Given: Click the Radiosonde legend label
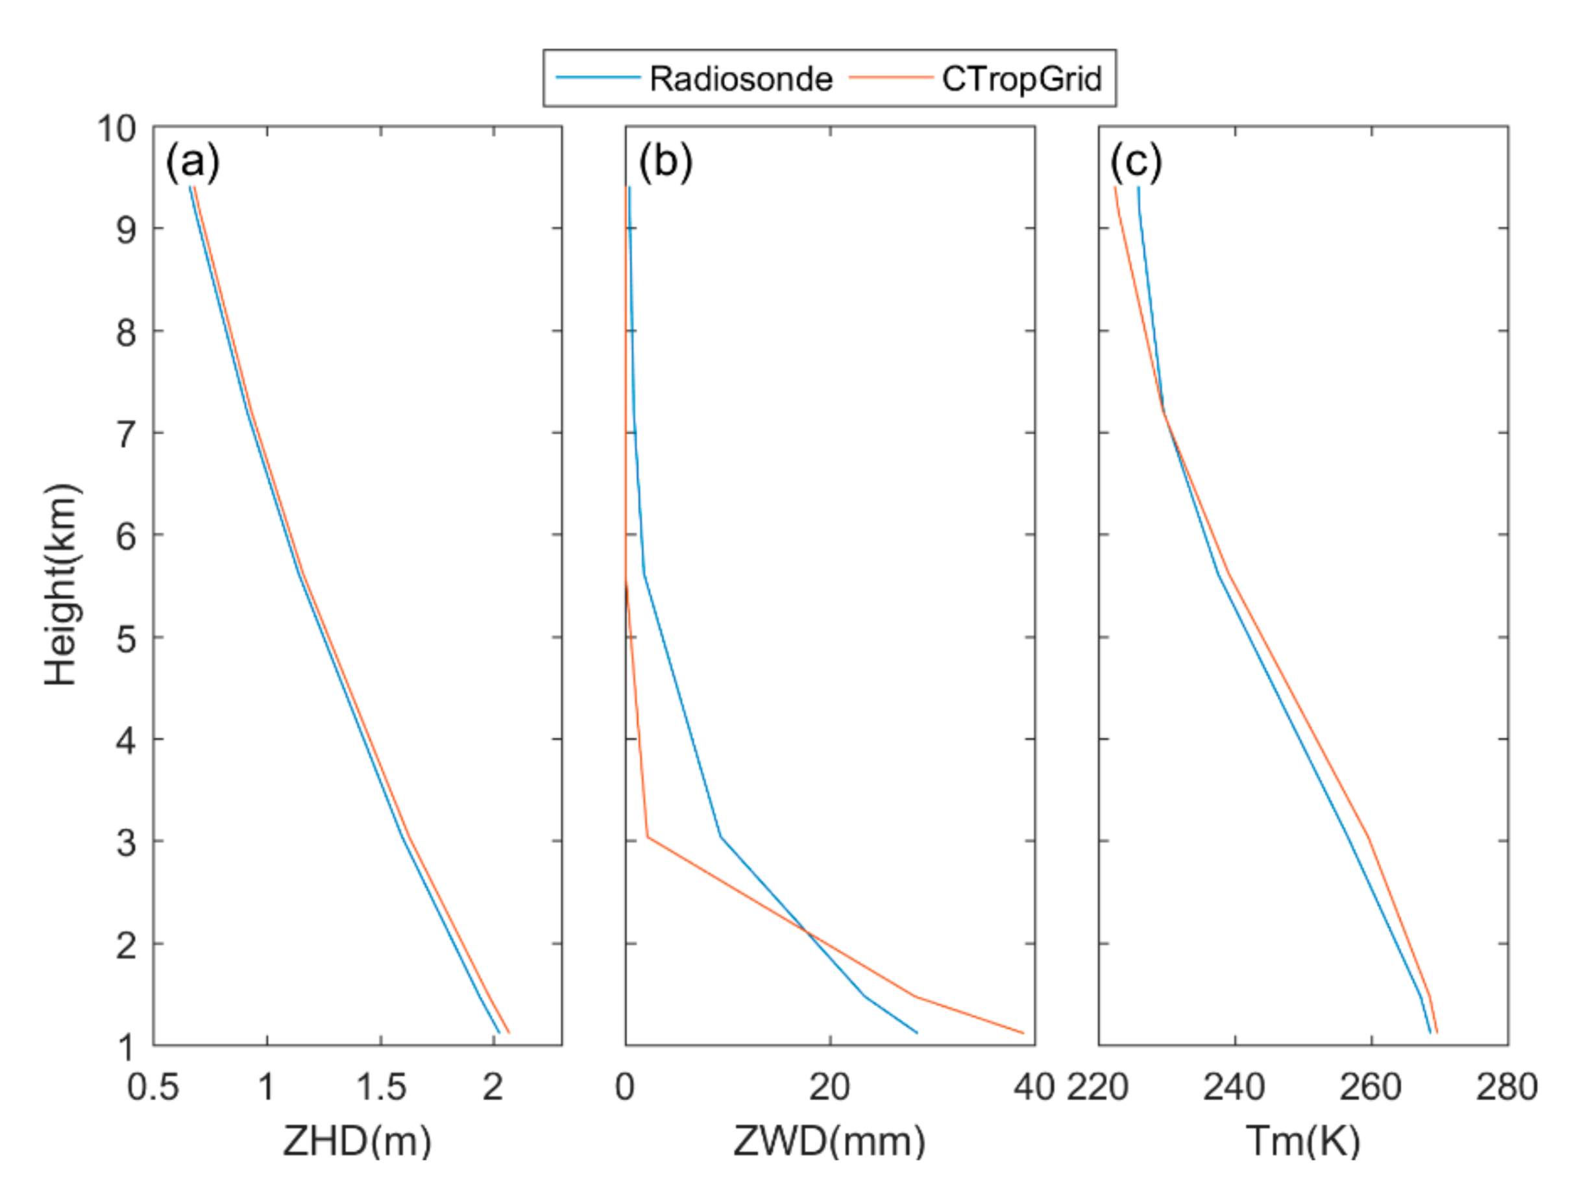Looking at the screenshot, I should click(740, 79).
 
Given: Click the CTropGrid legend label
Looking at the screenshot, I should click(1021, 79).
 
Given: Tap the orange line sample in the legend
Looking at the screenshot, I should click(890, 77).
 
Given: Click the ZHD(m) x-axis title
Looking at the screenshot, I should click(357, 1142).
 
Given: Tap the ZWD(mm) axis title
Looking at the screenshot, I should click(829, 1142).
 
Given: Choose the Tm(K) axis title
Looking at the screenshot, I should click(1303, 1142).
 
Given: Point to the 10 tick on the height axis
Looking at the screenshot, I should click(116, 128).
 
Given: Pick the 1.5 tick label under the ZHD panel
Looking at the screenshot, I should click(380, 1086).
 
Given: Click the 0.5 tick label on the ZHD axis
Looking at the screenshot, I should click(153, 1086).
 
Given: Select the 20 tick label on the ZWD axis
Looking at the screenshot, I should click(829, 1086).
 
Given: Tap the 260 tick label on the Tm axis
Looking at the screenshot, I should click(1371, 1086).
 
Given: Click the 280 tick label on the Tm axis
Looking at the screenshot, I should click(1506, 1086).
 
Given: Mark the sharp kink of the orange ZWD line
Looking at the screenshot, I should click(647, 837).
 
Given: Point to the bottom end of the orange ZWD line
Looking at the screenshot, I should click(1023, 1033).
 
